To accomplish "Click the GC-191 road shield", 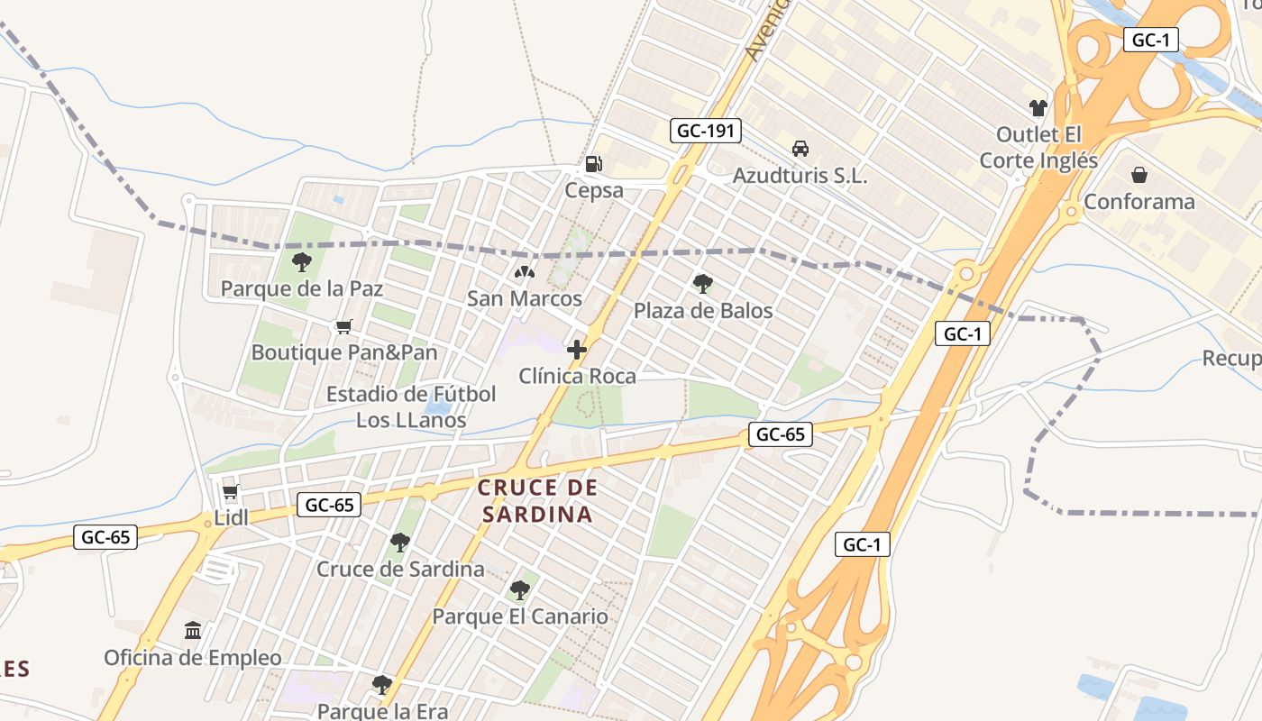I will (706, 131).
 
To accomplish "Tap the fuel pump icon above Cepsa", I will (594, 164).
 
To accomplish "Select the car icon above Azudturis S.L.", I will (800, 149).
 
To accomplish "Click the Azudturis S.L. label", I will (800, 176).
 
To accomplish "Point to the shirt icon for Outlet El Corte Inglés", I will (1038, 108).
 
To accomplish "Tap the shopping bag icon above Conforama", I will (1139, 175).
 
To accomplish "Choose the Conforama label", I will (1139, 201).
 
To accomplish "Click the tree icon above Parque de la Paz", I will (302, 262).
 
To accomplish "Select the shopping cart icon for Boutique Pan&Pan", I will (343, 326).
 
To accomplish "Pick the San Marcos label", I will (524, 297).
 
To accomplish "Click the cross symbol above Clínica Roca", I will (577, 350).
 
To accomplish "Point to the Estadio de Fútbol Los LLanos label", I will (411, 406).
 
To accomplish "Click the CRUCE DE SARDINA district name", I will (537, 501).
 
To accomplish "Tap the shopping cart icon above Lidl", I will (231, 492).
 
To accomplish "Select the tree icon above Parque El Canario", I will (519, 591).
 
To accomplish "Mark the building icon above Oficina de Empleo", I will (193, 631).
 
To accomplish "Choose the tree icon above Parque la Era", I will (382, 685).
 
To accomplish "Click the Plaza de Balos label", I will (703, 311).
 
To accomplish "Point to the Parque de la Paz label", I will (302, 289).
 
